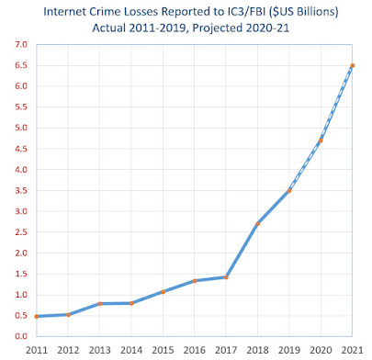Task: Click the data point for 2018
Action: click(x=258, y=224)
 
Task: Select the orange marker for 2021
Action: click(x=353, y=65)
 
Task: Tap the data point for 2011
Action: click(x=37, y=317)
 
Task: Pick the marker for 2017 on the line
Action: click(x=226, y=277)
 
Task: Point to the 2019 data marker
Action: click(x=289, y=191)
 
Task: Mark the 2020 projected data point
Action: click(x=321, y=141)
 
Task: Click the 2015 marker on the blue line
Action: click(x=163, y=292)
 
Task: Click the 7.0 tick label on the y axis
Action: click(x=21, y=45)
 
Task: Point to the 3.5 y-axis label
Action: click(x=21, y=191)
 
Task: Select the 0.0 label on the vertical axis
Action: click(x=21, y=336)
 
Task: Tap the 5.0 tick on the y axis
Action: click(x=21, y=128)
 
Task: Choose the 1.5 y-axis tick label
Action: click(x=21, y=274)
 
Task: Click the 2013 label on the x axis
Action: click(x=100, y=350)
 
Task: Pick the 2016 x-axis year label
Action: click(x=195, y=350)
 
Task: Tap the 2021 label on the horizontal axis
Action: click(x=352, y=350)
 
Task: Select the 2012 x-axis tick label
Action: click(x=68, y=350)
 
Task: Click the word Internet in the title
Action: click(x=63, y=12)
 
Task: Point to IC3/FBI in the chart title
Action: click(x=246, y=12)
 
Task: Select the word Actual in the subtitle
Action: click(x=109, y=28)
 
